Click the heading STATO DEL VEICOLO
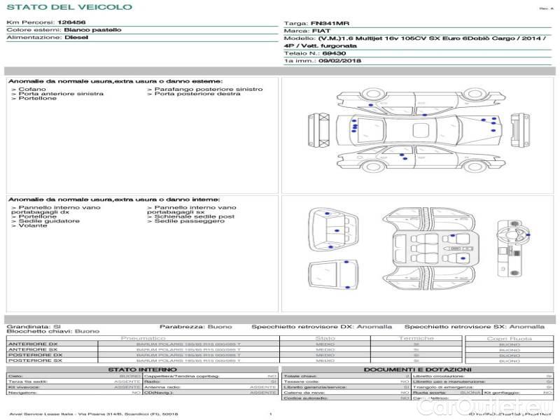[69, 7]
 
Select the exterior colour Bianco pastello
[92, 30]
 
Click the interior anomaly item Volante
[33, 226]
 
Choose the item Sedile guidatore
[49, 221]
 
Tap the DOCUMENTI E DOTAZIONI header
[417, 370]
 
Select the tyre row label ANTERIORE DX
[33, 344]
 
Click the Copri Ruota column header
[509, 338]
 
